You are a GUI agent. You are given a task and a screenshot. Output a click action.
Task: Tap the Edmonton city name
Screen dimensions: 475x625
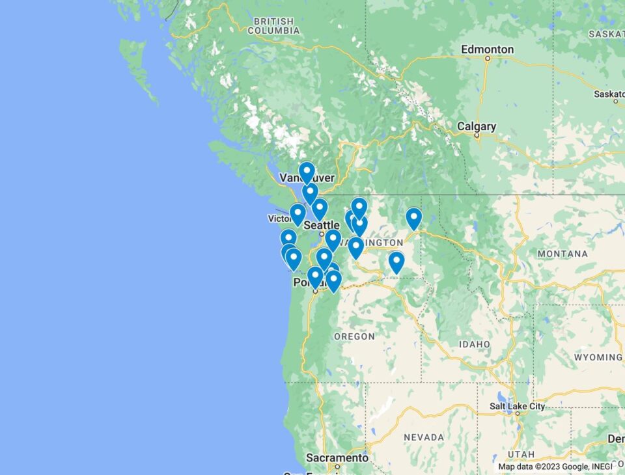(487, 49)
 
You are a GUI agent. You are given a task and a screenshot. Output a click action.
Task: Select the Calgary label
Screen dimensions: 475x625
(476, 126)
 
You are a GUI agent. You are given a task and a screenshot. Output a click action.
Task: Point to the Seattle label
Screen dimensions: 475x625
(322, 225)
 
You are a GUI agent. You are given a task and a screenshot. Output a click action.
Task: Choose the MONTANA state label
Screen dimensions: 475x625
(562, 254)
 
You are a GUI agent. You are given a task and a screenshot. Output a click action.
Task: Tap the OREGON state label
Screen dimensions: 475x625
(354, 336)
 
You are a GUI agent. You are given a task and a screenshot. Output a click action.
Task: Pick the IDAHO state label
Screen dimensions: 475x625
(474, 344)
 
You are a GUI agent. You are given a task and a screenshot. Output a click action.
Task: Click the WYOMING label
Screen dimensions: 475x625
(598, 357)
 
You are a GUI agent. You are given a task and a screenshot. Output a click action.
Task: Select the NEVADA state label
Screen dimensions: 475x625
(424, 437)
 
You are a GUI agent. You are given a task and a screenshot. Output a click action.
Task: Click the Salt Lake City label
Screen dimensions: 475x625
(518, 407)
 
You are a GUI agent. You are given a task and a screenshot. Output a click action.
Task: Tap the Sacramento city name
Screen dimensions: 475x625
(337, 458)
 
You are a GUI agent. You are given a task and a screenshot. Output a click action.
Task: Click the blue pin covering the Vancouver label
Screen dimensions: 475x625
(307, 172)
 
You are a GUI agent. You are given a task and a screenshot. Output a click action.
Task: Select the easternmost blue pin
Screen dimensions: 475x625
(413, 219)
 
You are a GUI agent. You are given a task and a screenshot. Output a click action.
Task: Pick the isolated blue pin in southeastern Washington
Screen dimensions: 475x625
(396, 262)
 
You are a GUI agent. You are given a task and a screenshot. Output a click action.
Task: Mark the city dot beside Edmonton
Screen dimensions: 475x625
(487, 59)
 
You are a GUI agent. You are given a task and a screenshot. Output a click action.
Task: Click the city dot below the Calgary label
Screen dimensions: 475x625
(477, 135)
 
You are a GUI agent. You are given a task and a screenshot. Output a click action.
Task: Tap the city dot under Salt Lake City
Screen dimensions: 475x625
(518, 416)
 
